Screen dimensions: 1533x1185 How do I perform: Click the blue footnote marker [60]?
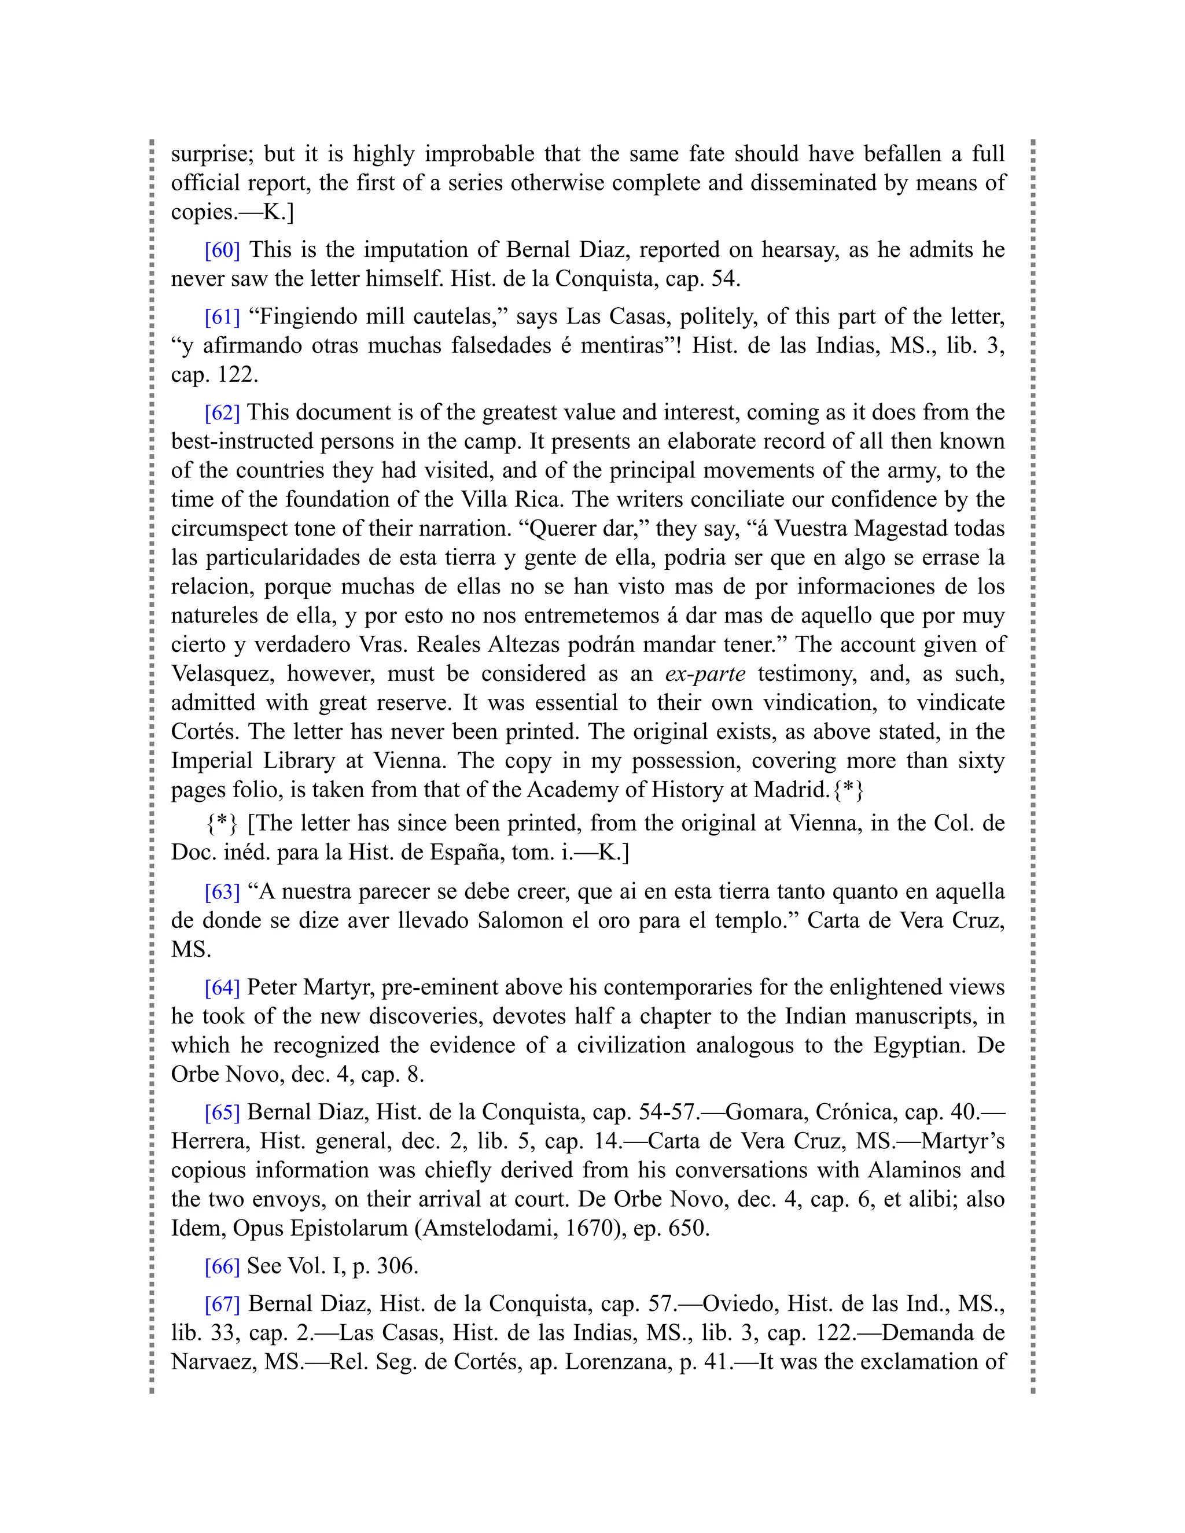tap(222, 250)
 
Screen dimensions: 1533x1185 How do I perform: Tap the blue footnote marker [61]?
tap(222, 316)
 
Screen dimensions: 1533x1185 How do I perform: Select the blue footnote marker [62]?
tap(222, 412)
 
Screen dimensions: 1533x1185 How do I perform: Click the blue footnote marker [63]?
tap(222, 891)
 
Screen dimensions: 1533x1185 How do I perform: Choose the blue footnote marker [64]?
tap(222, 987)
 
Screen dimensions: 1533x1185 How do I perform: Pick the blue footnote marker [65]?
tap(222, 1112)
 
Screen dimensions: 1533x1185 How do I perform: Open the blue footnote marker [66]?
tap(222, 1266)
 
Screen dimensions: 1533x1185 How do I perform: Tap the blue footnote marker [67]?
tap(222, 1304)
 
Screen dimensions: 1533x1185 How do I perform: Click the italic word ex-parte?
tap(705, 674)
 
